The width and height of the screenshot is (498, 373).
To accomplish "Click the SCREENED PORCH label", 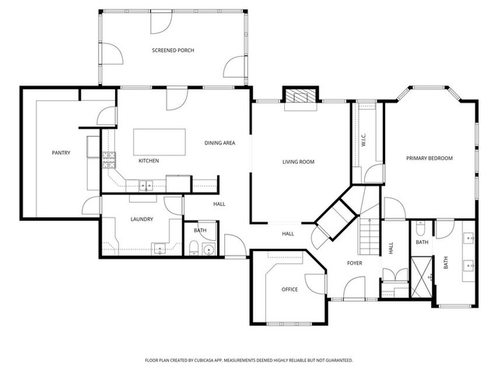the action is (x=173, y=50).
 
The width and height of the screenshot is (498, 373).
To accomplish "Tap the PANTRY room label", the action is (x=61, y=153).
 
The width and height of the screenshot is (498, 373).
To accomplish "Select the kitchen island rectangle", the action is (x=160, y=141).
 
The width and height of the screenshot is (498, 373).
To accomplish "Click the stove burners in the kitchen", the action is (x=109, y=160).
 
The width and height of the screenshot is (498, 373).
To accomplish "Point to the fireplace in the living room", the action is (x=300, y=96).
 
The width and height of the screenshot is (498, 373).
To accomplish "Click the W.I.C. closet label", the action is (x=364, y=140).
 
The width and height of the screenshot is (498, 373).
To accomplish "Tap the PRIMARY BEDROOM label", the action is (x=430, y=159).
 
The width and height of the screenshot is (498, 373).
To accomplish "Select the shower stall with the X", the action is (x=422, y=277).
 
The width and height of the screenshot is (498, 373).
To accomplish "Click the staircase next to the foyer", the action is (x=370, y=236).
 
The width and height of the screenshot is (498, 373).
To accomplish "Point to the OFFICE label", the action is (x=289, y=289).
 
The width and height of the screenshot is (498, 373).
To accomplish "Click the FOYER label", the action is (x=355, y=263).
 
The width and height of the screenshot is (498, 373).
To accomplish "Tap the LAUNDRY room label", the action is (x=142, y=219).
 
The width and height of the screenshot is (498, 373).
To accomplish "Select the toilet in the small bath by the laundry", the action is (x=194, y=248).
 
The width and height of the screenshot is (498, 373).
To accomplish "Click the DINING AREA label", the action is (x=219, y=143).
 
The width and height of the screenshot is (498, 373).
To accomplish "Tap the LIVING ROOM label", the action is (x=298, y=162).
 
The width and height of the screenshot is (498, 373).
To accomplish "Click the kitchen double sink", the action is (x=146, y=186).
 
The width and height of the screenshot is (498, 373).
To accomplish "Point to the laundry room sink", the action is (x=160, y=249).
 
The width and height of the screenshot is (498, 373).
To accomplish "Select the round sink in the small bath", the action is (x=209, y=249).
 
